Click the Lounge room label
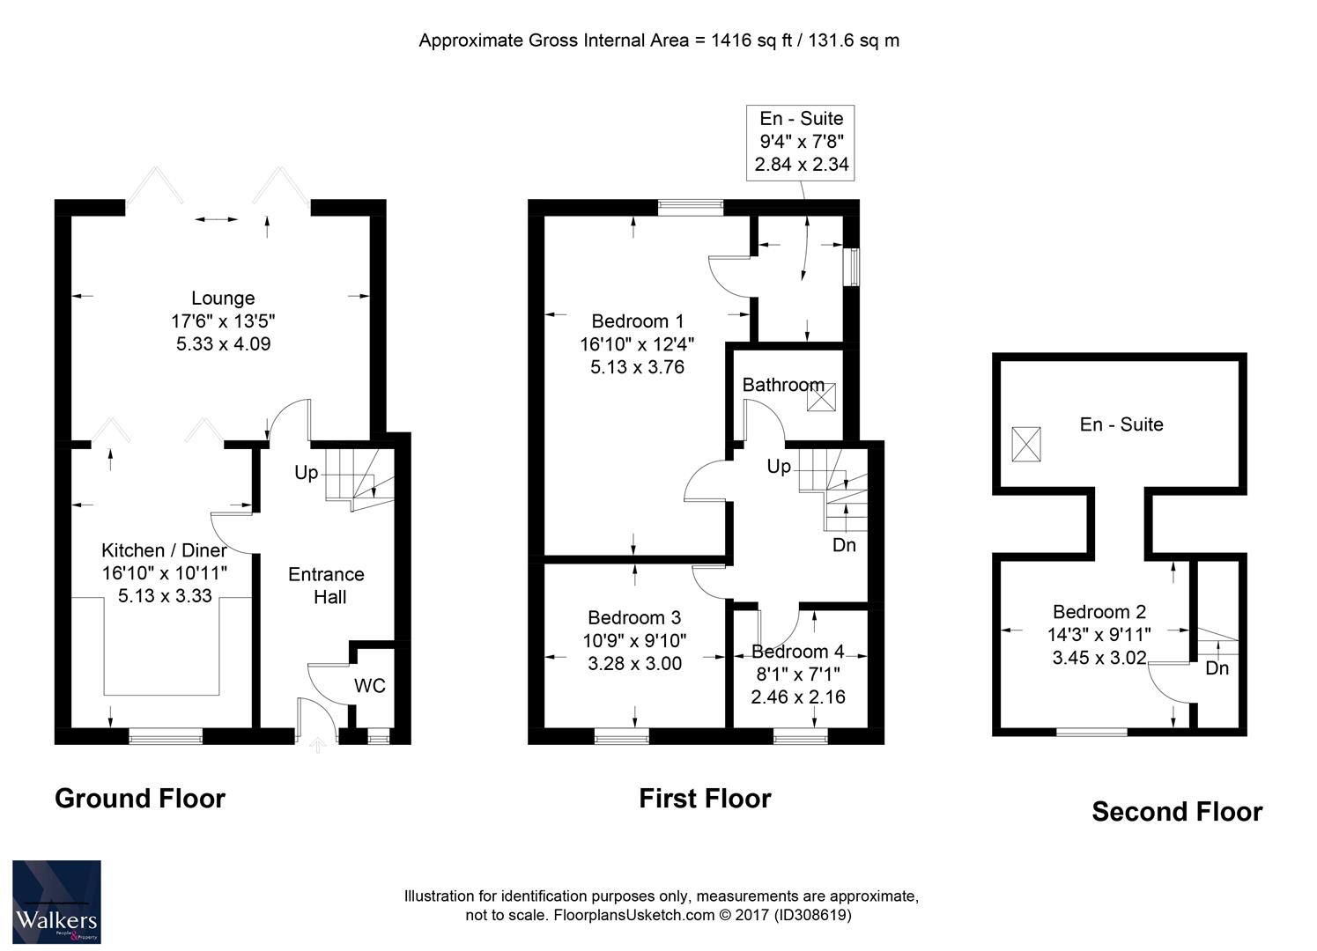pyautogui.click(x=223, y=299)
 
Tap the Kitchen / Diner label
pyautogui.click(x=164, y=550)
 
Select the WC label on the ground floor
pyautogui.click(x=370, y=686)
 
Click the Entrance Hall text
pyautogui.click(x=326, y=586)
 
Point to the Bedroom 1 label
pyautogui.click(x=637, y=321)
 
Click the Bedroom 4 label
pyautogui.click(x=797, y=652)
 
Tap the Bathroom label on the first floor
pyautogui.click(x=782, y=385)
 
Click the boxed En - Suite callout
pyautogui.click(x=801, y=142)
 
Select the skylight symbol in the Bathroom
pyautogui.click(x=821, y=396)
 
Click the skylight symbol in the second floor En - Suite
pyautogui.click(x=1025, y=443)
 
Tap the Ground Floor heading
pyautogui.click(x=140, y=798)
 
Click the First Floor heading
pyautogui.click(x=705, y=798)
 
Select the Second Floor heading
pyautogui.click(x=1177, y=811)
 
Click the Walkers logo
pyautogui.click(x=56, y=902)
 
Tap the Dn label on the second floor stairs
pyautogui.click(x=1217, y=668)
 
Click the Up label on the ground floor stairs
pyautogui.click(x=306, y=473)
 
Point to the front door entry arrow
pyautogui.click(x=319, y=746)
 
